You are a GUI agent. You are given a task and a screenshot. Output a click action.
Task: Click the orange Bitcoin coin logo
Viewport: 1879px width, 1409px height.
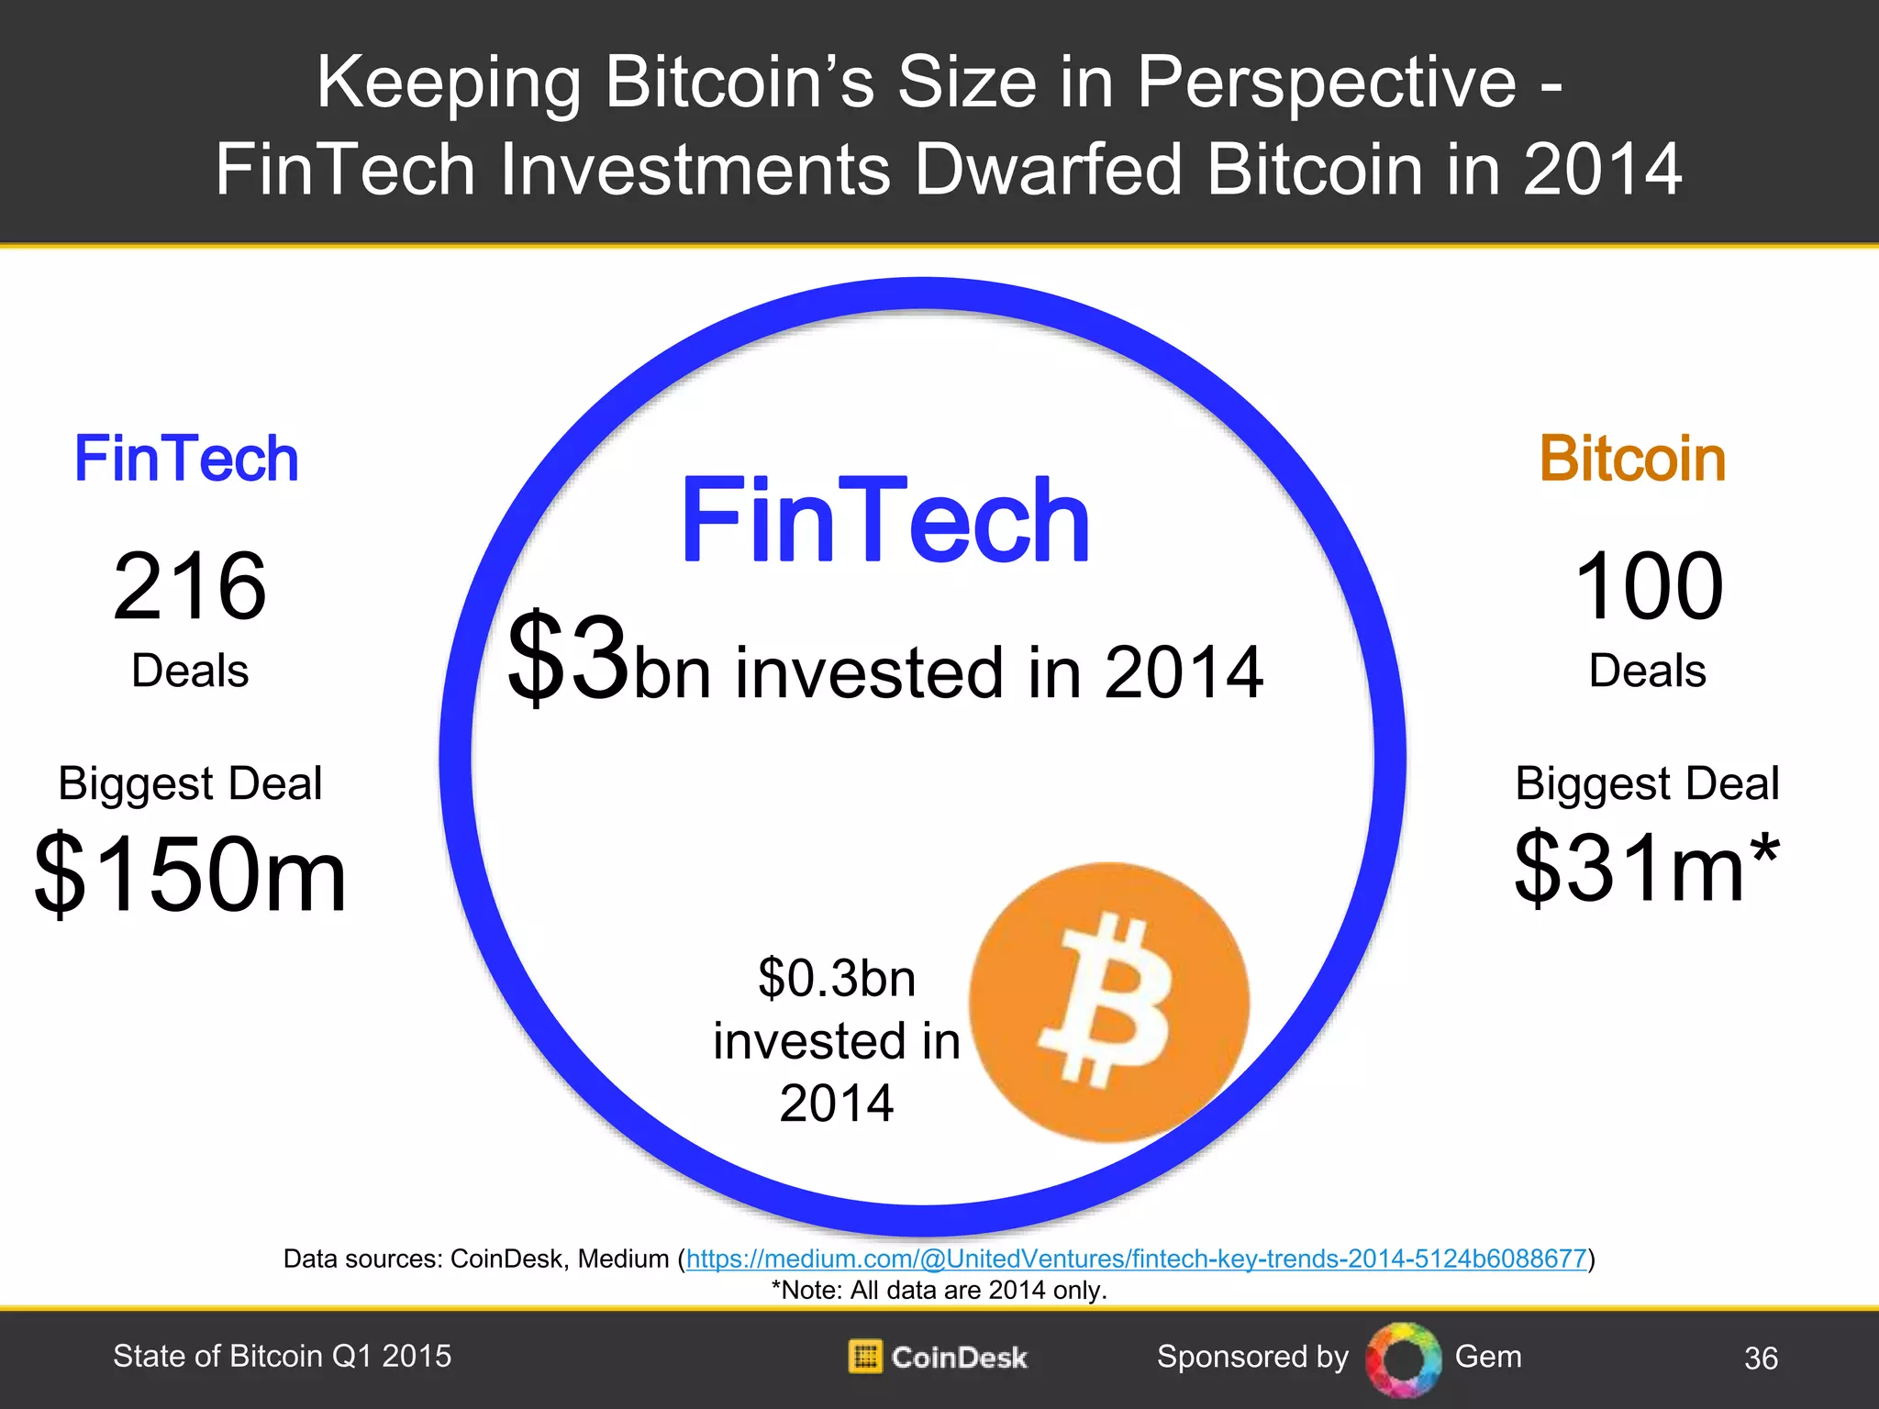pyautogui.click(x=1109, y=1002)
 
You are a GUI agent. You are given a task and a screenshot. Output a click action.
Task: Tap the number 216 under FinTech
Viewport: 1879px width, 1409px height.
pyautogui.click(x=190, y=586)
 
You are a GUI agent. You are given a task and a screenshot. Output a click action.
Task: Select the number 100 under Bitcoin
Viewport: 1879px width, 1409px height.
pyautogui.click(x=1649, y=586)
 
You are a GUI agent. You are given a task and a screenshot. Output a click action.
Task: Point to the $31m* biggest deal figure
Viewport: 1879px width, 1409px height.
pyautogui.click(x=1647, y=867)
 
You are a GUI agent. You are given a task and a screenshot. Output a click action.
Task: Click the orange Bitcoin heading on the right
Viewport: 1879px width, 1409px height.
pyautogui.click(x=1632, y=459)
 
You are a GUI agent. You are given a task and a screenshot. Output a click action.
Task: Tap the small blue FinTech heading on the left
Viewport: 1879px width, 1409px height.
pyautogui.click(x=186, y=459)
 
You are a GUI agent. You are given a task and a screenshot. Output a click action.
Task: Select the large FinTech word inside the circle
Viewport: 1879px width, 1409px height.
pyautogui.click(x=884, y=520)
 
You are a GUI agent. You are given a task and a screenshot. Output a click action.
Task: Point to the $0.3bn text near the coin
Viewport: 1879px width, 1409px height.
pyautogui.click(x=837, y=978)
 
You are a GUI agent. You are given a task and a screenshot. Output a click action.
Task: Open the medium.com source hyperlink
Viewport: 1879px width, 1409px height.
pyautogui.click(x=1136, y=1259)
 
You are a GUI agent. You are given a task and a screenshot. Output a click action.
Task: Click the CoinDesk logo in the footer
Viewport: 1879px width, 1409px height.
pyautogui.click(x=938, y=1357)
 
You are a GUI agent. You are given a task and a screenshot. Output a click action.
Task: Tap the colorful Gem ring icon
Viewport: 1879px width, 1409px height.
pyautogui.click(x=1403, y=1359)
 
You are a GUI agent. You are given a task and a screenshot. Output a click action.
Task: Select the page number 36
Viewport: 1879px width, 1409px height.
pyautogui.click(x=1761, y=1359)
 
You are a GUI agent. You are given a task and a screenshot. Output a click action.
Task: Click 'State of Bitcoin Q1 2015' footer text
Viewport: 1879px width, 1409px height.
pyautogui.click(x=282, y=1356)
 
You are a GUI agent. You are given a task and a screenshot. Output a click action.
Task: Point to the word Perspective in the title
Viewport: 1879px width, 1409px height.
pyautogui.click(x=1327, y=83)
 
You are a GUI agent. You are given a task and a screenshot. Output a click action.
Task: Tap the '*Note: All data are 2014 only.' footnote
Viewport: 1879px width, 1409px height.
pyautogui.click(x=939, y=1290)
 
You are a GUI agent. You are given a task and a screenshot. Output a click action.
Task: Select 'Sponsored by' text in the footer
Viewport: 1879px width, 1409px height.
pyautogui.click(x=1252, y=1357)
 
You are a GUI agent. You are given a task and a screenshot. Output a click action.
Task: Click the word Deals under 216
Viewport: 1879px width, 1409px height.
pyautogui.click(x=190, y=671)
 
